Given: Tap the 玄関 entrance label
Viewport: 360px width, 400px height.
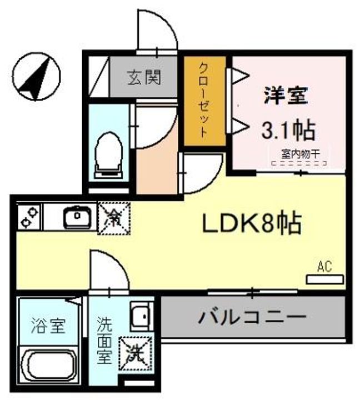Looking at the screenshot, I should coord(142,77).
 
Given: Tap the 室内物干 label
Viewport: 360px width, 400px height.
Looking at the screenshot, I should coord(299,155).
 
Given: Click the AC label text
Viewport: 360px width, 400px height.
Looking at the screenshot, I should coord(324,267).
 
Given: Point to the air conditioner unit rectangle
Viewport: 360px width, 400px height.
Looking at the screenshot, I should coord(325,278).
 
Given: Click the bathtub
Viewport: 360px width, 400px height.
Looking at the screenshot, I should coord(50,366).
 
